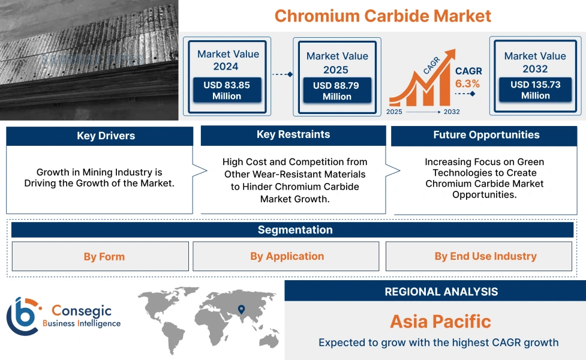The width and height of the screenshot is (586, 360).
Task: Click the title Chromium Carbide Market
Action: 383,16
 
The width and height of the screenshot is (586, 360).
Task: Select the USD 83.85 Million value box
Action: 227,91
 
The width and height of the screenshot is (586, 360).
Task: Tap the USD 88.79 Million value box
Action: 336,91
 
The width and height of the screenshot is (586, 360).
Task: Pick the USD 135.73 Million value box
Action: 535,90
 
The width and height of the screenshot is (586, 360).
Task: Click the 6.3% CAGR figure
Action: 467,83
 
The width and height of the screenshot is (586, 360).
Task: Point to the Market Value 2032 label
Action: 535,62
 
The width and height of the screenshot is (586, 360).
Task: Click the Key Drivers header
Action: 100,136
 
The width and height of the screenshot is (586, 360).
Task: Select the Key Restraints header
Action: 293,135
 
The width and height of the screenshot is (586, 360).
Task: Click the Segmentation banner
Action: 294,230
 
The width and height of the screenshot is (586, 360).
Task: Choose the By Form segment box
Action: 100,257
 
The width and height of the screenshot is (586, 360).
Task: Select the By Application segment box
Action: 286,257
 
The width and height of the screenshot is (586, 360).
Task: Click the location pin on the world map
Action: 241,310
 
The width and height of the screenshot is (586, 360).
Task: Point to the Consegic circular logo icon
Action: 22,316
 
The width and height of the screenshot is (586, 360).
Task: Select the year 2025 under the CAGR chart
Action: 395,112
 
